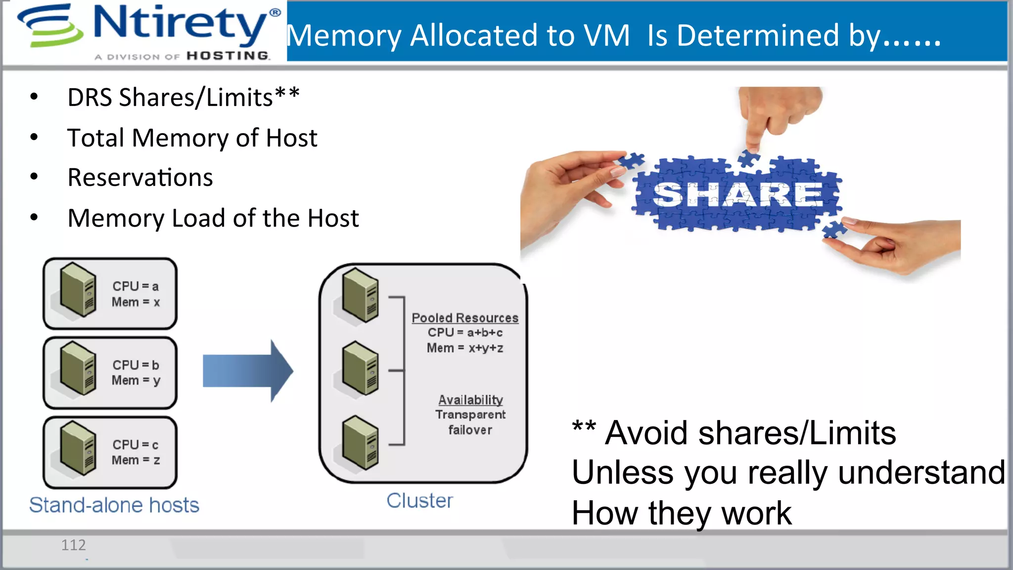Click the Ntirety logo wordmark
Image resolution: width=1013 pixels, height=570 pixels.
181,24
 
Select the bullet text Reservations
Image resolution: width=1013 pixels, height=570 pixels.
140,178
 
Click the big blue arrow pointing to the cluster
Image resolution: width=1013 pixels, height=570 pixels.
247,371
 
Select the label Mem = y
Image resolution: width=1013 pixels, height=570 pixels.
136,380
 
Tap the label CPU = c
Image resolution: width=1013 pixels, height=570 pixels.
135,444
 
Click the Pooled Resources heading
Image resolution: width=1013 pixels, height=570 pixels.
465,318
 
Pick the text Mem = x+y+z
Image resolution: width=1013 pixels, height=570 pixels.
465,348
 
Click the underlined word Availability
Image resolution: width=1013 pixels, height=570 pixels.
470,399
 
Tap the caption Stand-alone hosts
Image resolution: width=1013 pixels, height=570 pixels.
114,505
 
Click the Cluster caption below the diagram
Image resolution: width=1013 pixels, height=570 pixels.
419,501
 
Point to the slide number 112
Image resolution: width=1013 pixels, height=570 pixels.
73,545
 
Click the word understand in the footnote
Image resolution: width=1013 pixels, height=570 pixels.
921,473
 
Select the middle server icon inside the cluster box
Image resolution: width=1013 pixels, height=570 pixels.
361,368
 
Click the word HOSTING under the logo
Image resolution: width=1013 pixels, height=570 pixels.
228,56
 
